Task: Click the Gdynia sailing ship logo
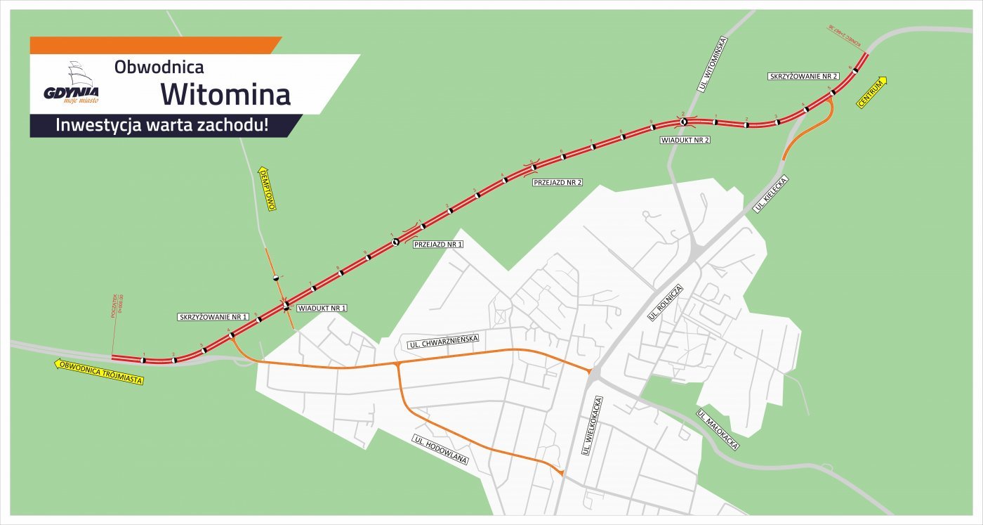coord(72,83)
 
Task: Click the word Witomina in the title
coord(225,93)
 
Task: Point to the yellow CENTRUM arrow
coord(871,92)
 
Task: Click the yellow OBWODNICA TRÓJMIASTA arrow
coord(99,372)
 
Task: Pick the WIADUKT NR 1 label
coord(322,309)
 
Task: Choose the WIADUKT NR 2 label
coord(685,141)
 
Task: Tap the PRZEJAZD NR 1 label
coord(438,245)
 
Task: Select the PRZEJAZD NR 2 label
coord(558,183)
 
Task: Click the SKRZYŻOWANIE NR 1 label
coord(214,318)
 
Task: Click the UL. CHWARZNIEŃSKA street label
coord(443,342)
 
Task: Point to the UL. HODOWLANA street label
coord(440,450)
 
